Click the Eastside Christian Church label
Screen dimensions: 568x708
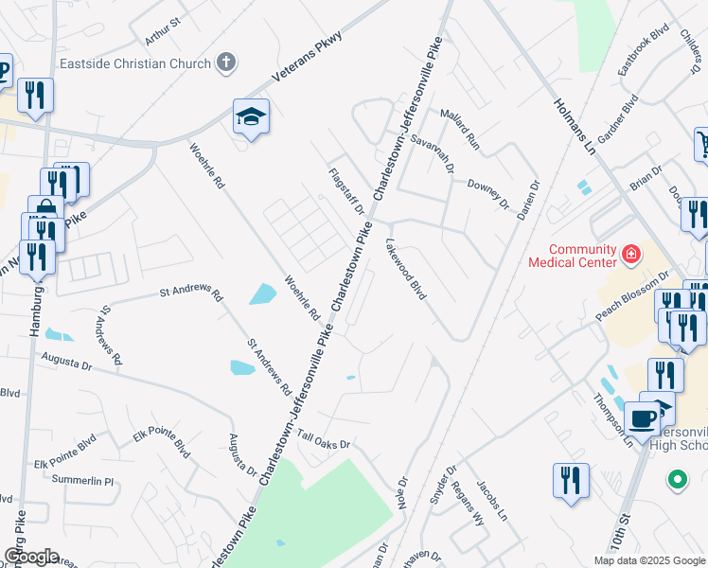click(x=134, y=63)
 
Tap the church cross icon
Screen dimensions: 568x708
click(x=225, y=63)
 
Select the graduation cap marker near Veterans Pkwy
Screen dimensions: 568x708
click(x=252, y=117)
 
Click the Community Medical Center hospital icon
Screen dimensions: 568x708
click(x=630, y=254)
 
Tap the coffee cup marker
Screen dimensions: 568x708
click(x=642, y=417)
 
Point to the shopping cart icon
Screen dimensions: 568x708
click(x=703, y=144)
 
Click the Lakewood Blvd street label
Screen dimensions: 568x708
click(x=406, y=269)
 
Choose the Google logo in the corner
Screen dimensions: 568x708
click(x=30, y=557)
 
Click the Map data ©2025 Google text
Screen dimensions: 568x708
click(x=648, y=560)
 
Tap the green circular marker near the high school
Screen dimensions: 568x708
click(x=678, y=480)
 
